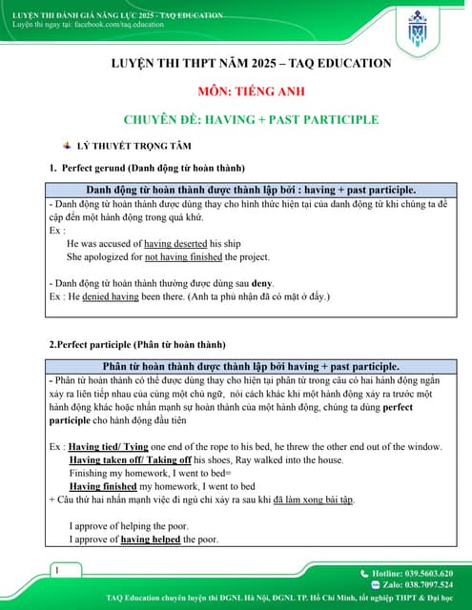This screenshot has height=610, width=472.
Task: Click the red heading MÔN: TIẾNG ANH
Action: point(236,91)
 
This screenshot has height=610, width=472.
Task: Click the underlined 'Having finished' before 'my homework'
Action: point(103,486)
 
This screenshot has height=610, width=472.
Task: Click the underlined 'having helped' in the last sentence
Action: point(151,539)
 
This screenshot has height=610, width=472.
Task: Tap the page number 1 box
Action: point(59,570)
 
